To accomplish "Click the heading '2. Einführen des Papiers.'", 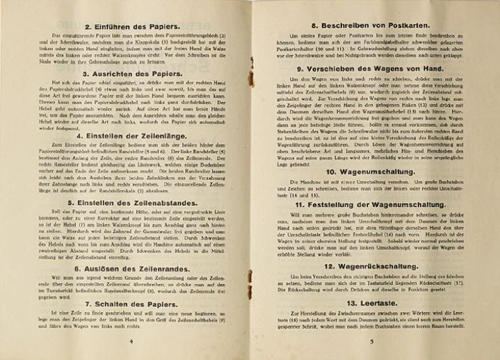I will click(x=130, y=27).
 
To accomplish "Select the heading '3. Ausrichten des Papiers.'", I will click(x=131, y=73).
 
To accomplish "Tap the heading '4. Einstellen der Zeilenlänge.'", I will click(x=130, y=128).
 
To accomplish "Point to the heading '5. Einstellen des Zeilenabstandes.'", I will click(x=130, y=202).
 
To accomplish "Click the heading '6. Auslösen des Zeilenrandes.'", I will click(x=130, y=268).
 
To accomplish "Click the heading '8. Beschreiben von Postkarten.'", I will click(x=373, y=26).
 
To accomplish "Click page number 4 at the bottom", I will click(x=131, y=341).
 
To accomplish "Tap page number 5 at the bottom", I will click(x=371, y=341).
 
